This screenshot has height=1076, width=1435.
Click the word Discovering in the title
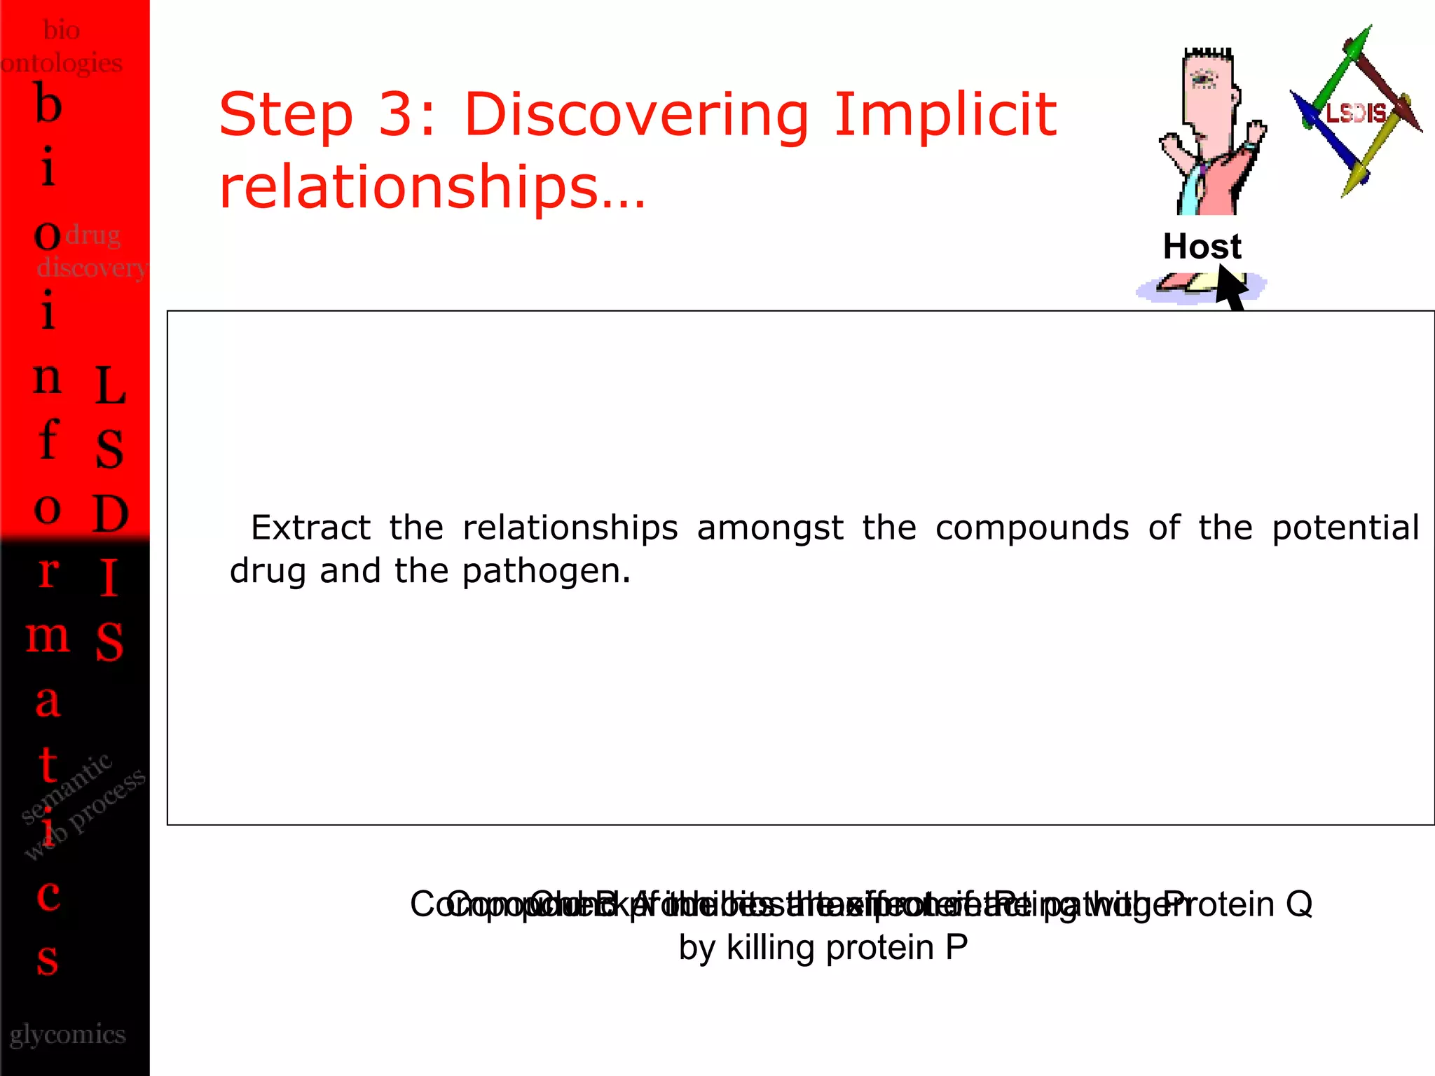(636, 116)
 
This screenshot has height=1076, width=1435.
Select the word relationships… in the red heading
(432, 188)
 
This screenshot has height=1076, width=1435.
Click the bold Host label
(1202, 247)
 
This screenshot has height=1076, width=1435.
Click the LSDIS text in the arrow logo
(1357, 113)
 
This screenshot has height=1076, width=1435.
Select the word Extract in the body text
(310, 527)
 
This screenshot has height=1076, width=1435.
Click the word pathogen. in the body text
(547, 571)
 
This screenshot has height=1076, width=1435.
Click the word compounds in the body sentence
(1031, 527)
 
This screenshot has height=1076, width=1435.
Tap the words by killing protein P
(823, 948)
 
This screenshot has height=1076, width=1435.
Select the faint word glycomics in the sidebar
(68, 1035)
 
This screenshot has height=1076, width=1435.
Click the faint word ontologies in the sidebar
(62, 63)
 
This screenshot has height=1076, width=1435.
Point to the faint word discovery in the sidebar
(92, 267)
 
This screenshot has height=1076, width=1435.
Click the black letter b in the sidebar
(48, 105)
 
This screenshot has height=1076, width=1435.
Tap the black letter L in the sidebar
(110, 386)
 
